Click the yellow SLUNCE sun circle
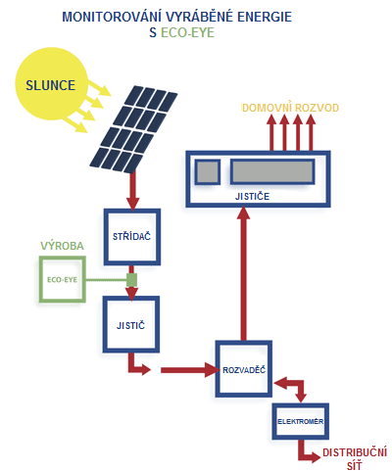[x=52, y=84]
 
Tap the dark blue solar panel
[x=133, y=129]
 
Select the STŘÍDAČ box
[x=132, y=237]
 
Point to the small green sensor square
[x=131, y=280]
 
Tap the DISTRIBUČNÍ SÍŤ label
[x=355, y=458]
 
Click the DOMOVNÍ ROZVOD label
[x=290, y=108]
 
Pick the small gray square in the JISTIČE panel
[x=208, y=172]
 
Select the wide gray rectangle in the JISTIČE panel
[x=272, y=171]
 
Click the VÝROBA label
[x=62, y=246]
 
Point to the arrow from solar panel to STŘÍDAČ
[x=132, y=191]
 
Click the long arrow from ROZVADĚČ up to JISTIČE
[x=243, y=273]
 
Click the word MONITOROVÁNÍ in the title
[x=112, y=17]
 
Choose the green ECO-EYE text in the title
[x=187, y=32]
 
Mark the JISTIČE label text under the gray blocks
[x=252, y=196]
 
